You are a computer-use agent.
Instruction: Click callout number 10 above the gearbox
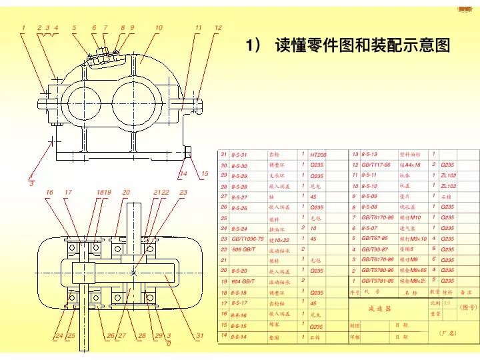158,27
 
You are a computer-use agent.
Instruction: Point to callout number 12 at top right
217,27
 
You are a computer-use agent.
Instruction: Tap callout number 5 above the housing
74,27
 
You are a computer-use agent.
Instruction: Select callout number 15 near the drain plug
205,174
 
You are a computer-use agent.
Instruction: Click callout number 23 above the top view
184,193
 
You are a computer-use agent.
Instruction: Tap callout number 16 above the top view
49,193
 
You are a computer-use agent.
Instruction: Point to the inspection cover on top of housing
105,53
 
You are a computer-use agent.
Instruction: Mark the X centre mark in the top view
133,273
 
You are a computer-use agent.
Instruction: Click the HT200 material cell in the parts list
319,154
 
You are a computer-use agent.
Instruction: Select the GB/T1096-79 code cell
247,239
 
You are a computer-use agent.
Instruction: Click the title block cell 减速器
379,309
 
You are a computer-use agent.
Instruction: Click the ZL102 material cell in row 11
448,175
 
